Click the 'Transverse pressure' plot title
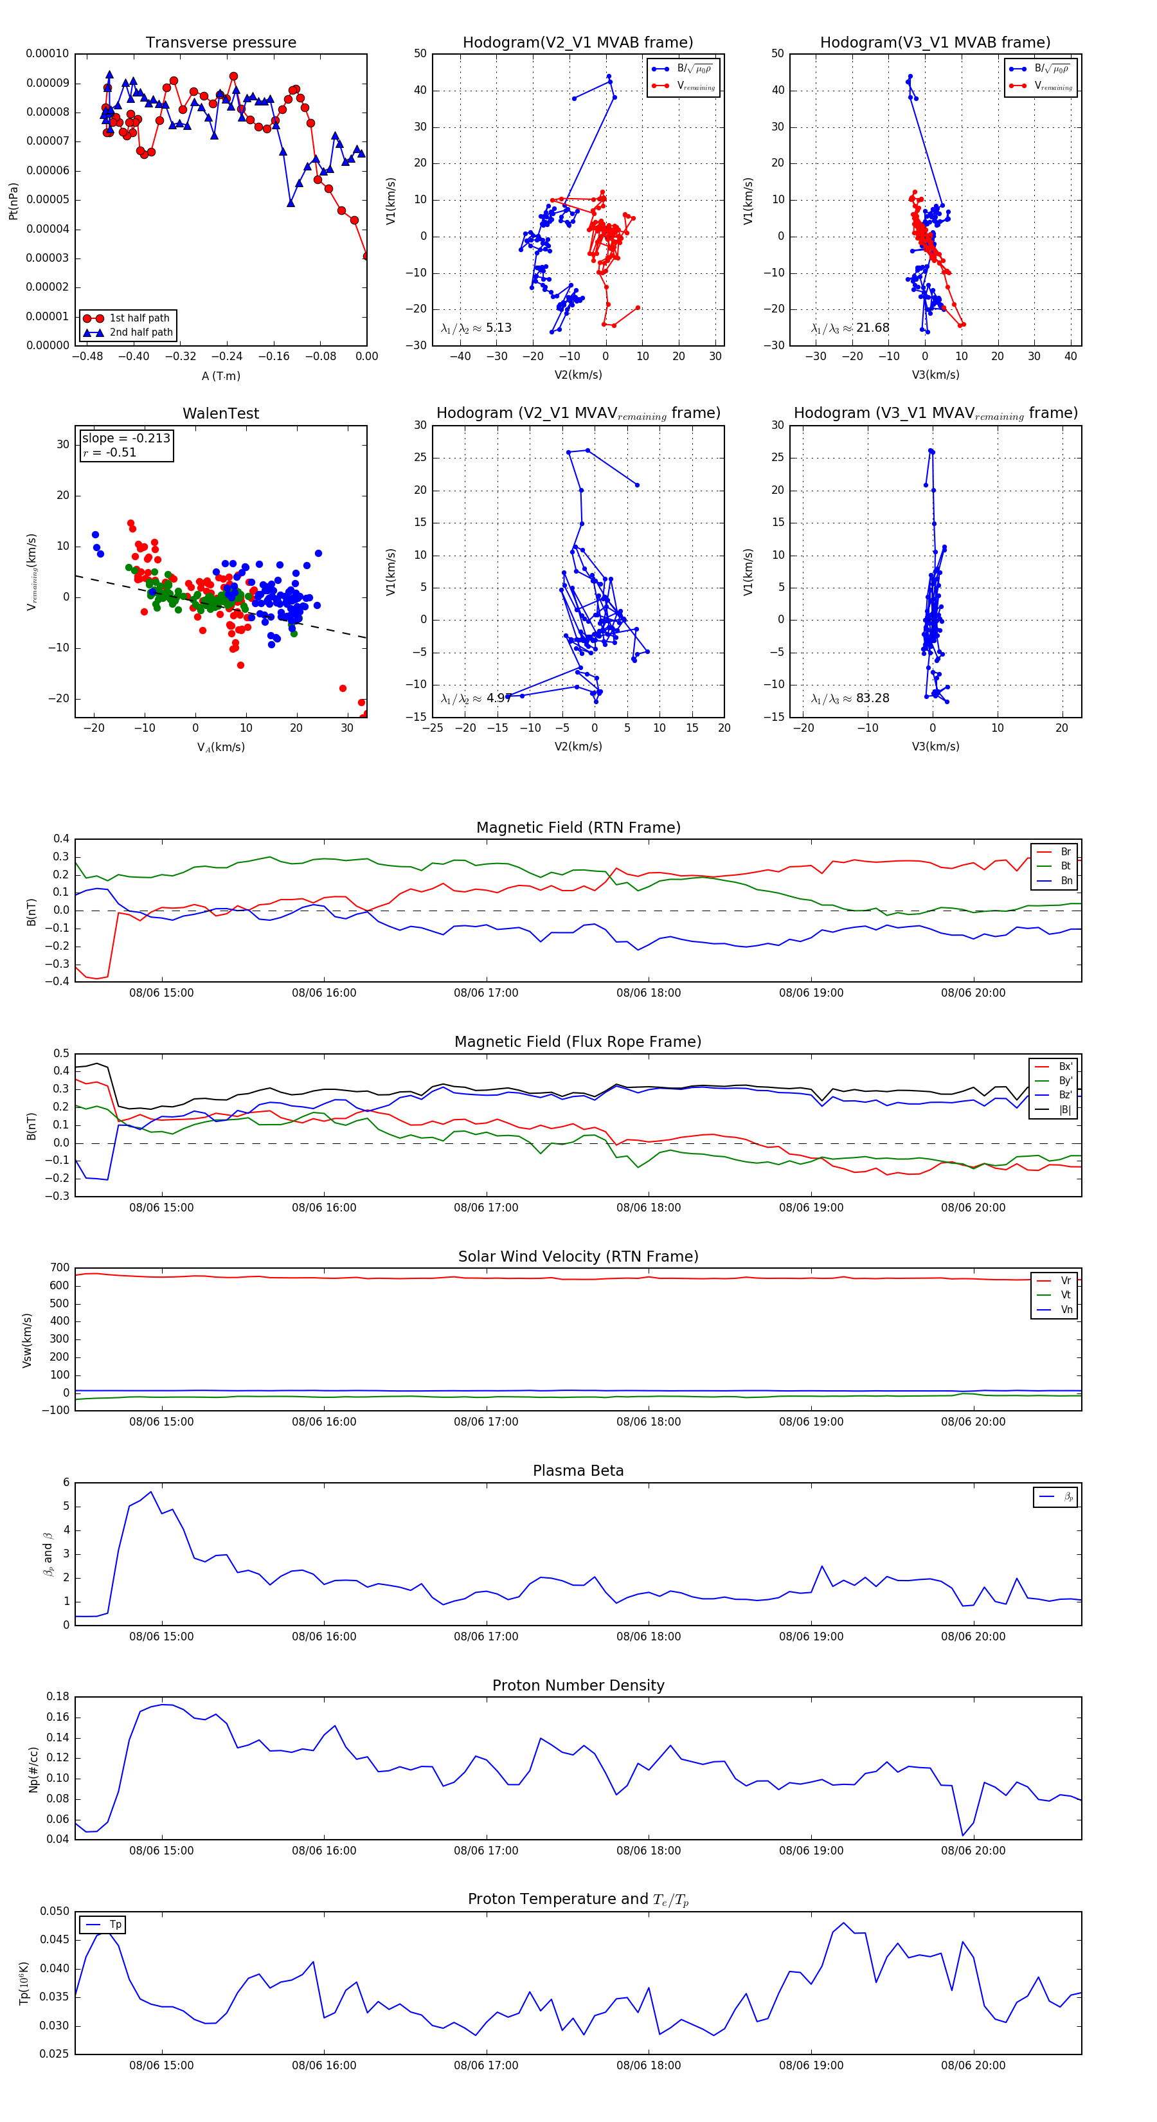(x=220, y=43)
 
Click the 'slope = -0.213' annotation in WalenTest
(x=126, y=439)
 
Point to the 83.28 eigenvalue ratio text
(x=872, y=698)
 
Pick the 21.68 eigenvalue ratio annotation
(x=872, y=328)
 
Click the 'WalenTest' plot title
(x=220, y=413)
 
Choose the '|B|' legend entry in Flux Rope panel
(x=1064, y=1110)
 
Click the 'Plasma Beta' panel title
(x=578, y=1471)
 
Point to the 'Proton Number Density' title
(x=578, y=1685)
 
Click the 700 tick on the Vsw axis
(x=59, y=1268)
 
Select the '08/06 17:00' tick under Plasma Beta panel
(x=486, y=1637)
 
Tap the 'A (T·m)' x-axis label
(x=220, y=376)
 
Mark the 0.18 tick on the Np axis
(x=58, y=1697)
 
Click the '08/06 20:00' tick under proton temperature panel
(x=973, y=2065)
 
